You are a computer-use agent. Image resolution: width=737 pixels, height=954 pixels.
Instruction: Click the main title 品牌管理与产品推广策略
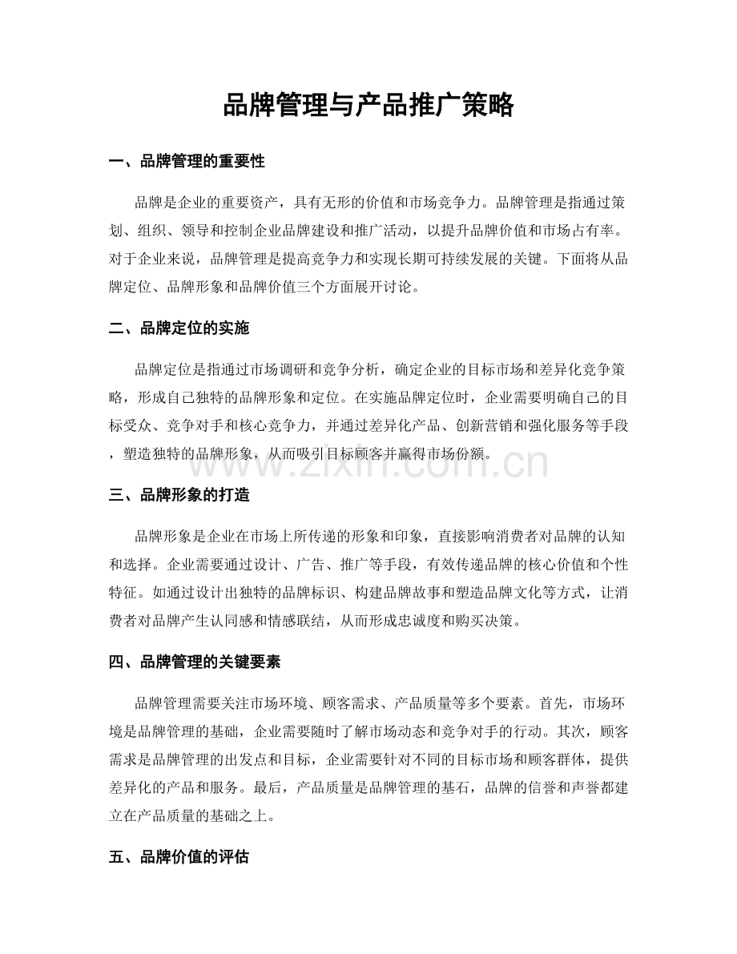(368, 105)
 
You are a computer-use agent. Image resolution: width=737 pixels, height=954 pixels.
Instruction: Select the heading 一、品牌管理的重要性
(187, 162)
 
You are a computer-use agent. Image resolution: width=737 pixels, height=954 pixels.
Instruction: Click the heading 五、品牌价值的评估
(179, 858)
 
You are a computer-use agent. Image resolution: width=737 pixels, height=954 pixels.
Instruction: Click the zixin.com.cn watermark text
(368, 463)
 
